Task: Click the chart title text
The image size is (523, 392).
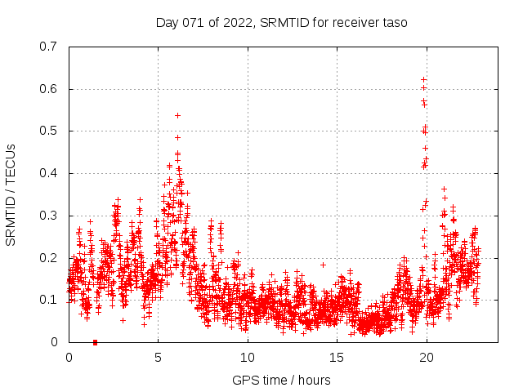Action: [x=281, y=22]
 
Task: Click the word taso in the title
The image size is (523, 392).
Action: [x=393, y=22]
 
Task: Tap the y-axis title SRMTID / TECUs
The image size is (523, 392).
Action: [x=11, y=194]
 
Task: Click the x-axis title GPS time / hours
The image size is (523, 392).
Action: [x=281, y=380]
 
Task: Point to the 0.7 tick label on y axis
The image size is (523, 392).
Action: [x=48, y=47]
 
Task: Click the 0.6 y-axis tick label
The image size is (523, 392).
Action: [x=48, y=89]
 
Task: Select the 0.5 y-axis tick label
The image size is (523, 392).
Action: [x=48, y=131]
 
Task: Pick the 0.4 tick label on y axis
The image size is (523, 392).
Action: [x=48, y=173]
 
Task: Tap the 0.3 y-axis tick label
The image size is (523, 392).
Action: [x=48, y=216]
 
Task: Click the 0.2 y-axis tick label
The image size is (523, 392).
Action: [x=48, y=258]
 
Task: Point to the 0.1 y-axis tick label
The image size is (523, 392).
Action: [x=48, y=300]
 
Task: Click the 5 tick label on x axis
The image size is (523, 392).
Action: [x=159, y=358]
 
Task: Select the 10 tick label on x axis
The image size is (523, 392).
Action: [x=248, y=358]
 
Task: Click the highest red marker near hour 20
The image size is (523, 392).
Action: [x=423, y=79]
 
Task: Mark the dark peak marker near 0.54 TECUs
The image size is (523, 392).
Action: [x=177, y=115]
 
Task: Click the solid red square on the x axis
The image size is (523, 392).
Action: [x=96, y=342]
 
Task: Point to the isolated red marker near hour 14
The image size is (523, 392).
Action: [x=323, y=265]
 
